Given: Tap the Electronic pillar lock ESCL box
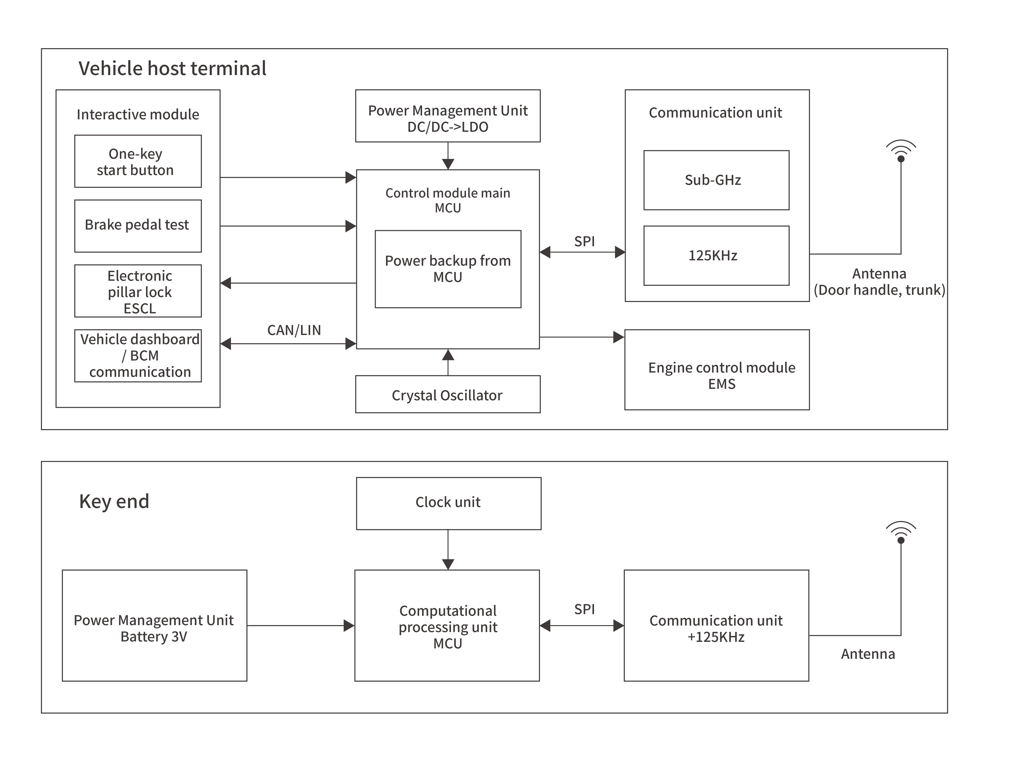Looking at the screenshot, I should tap(138, 291).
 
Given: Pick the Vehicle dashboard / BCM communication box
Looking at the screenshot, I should tap(138, 356).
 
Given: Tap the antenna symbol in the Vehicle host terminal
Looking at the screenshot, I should tap(901, 152).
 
